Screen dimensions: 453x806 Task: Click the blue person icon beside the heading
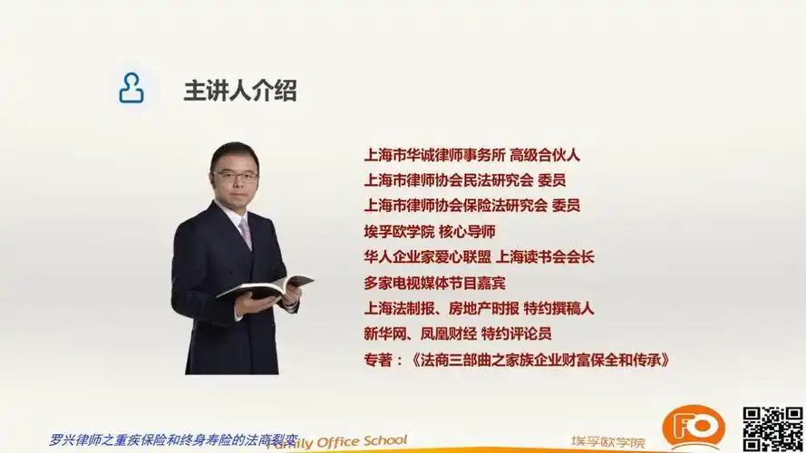pos(131,89)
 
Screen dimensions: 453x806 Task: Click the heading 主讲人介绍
pos(240,91)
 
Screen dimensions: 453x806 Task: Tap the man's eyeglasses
pos(235,177)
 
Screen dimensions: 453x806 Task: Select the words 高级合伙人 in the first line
pos(544,154)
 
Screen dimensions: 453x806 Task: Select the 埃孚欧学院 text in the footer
pos(608,442)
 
